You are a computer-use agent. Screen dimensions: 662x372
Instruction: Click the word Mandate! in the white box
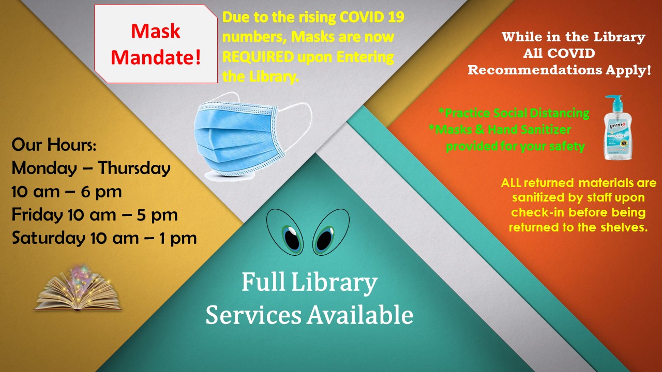156,57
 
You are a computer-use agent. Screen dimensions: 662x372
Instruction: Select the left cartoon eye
285,233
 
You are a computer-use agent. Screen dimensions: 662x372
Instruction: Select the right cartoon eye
330,232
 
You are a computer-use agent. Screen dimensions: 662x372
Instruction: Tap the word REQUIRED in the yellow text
258,57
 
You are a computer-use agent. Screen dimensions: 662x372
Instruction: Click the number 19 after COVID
396,17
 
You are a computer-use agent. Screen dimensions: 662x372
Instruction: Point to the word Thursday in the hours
134,168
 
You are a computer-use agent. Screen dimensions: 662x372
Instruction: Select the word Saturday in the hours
48,238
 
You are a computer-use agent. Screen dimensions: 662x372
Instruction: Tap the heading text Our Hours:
54,145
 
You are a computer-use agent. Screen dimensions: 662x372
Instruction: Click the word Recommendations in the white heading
535,70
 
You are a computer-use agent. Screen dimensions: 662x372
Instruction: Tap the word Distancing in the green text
560,113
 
